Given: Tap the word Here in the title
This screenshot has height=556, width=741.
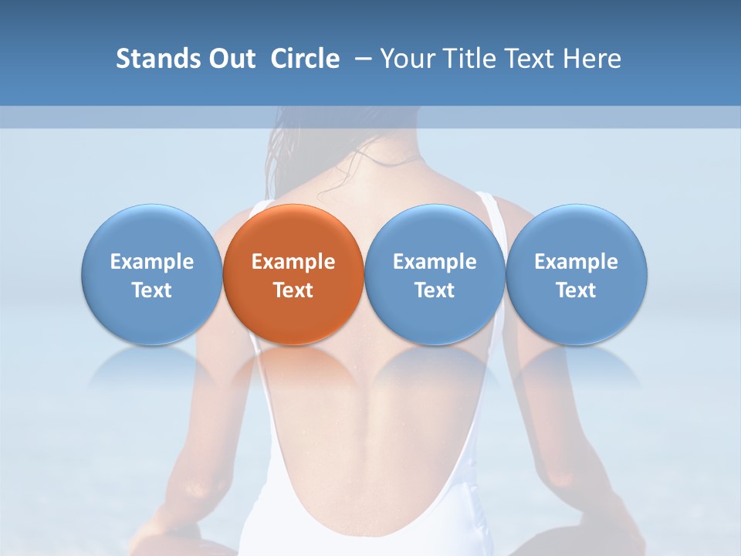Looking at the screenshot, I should [593, 59].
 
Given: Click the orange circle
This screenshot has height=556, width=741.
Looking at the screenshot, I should [293, 232].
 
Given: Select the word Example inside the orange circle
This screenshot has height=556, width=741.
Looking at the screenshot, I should [293, 262].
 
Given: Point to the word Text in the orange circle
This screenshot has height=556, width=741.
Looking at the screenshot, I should [293, 290].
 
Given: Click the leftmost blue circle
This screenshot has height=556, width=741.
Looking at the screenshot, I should [151, 232].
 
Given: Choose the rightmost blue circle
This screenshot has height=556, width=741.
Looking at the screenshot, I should [577, 232].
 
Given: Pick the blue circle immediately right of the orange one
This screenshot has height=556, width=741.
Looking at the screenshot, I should [435, 232].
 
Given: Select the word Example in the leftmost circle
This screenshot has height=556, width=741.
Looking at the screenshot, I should [151, 262].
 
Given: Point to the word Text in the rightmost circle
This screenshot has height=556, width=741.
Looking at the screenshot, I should [577, 290].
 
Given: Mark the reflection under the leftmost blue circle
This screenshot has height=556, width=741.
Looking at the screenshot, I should [151, 366].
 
